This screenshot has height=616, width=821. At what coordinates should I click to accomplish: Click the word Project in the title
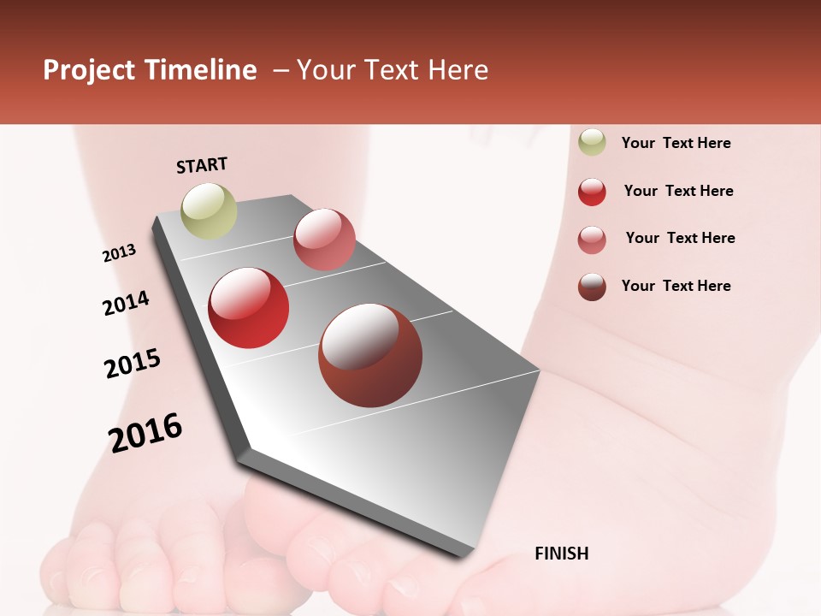88,71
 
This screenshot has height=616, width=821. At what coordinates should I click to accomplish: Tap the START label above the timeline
202,165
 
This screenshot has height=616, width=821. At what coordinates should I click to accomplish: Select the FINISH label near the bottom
561,554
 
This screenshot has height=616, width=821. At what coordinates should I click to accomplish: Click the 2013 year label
119,253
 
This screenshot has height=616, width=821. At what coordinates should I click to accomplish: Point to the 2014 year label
126,303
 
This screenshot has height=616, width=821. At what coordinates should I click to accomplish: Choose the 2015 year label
133,364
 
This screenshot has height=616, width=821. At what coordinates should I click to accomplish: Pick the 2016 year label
145,432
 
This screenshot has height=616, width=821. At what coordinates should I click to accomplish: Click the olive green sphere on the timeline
209,210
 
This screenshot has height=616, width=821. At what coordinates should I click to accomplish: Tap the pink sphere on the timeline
324,240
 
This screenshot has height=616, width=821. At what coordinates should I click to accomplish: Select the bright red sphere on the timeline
249,308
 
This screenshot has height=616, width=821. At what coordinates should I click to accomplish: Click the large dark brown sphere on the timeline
370,355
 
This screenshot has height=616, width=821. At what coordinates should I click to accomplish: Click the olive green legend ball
592,143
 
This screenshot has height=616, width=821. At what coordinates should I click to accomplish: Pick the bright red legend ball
592,192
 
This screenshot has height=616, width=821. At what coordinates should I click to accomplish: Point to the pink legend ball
592,240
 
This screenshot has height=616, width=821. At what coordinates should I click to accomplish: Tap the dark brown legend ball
592,287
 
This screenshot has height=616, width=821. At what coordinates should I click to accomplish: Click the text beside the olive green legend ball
676,143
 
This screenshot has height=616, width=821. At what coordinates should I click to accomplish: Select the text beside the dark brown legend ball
676,286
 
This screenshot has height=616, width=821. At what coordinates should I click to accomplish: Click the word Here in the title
457,70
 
